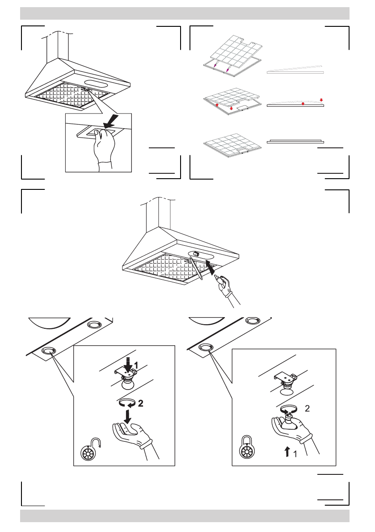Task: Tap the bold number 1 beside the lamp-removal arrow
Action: (137, 364)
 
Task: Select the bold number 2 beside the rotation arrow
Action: (140, 403)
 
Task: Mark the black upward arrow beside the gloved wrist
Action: (287, 453)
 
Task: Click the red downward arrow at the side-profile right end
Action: (321, 99)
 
